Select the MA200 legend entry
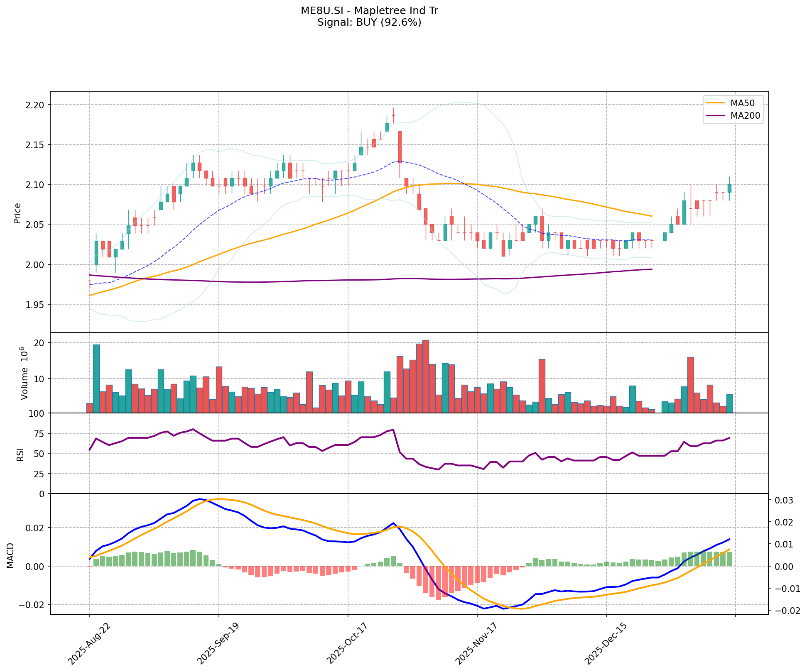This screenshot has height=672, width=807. [x=745, y=116]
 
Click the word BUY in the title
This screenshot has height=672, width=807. [x=365, y=22]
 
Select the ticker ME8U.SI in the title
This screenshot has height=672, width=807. [x=318, y=11]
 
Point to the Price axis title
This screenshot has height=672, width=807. [x=17, y=213]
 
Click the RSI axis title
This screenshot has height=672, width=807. [x=20, y=454]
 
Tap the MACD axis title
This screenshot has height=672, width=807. [x=11, y=555]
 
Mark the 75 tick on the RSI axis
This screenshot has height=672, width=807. [x=41, y=433]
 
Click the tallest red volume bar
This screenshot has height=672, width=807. [x=425, y=376]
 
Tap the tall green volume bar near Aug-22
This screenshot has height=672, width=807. [x=96, y=378]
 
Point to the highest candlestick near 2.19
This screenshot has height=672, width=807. [x=393, y=115]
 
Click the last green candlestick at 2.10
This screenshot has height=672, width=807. [x=729, y=188]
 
